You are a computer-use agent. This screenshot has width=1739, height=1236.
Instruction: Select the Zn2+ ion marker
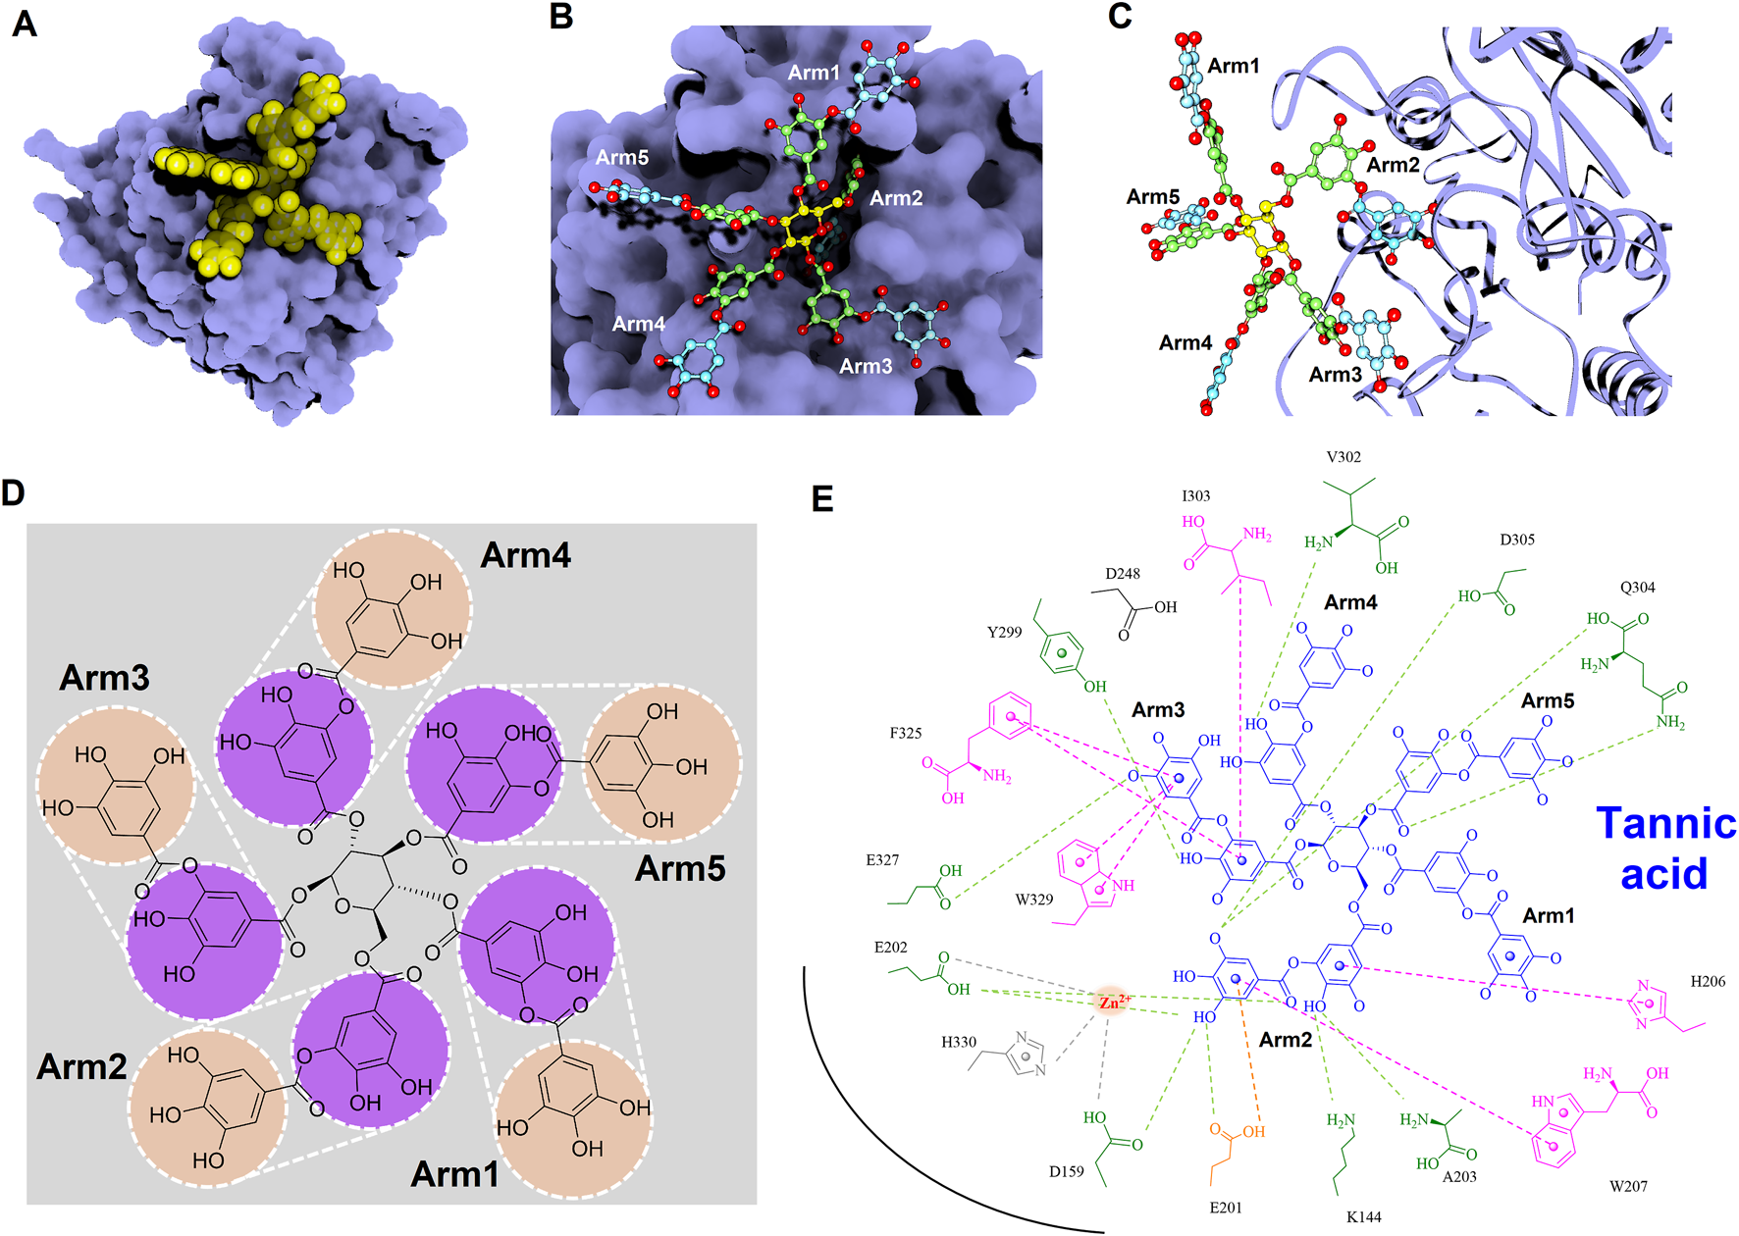coord(1113,1003)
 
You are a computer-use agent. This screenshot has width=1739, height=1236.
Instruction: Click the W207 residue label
coord(1628,1186)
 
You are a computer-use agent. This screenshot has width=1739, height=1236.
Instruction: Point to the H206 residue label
coord(1708,981)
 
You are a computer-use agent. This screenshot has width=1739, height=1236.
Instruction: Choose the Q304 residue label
coord(1637,588)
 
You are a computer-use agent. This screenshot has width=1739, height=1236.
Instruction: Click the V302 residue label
coord(1344,457)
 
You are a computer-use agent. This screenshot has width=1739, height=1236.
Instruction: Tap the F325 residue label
coord(905,733)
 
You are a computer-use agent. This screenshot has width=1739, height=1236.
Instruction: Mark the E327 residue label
coord(882,860)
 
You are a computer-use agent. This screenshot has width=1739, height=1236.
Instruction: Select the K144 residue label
coord(1363,1216)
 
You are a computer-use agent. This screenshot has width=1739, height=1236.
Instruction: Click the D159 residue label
coord(1066,1171)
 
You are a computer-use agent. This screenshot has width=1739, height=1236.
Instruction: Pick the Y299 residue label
coord(1004,632)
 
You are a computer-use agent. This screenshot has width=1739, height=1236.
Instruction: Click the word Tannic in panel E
coord(1665,823)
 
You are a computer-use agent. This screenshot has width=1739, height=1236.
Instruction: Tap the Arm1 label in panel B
coord(814,73)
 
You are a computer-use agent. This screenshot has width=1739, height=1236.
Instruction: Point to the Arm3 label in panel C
coord(1335,375)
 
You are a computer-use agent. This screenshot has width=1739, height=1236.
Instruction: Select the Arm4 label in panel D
coord(525,556)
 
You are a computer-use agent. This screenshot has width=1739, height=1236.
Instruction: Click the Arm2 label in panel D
coord(81,1066)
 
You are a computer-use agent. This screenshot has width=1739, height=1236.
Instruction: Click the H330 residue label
coord(959,1042)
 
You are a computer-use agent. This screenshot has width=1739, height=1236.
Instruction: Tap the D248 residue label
coord(1123,574)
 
